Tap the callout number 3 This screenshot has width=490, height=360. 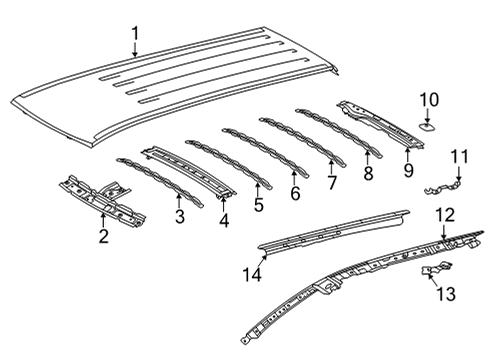click(179, 215)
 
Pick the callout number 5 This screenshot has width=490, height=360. click(259, 204)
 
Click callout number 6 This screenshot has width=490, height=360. click(295, 193)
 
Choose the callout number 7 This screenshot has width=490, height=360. click(332, 183)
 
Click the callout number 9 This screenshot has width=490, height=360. click(408, 172)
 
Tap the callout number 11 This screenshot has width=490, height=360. click(459, 155)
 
